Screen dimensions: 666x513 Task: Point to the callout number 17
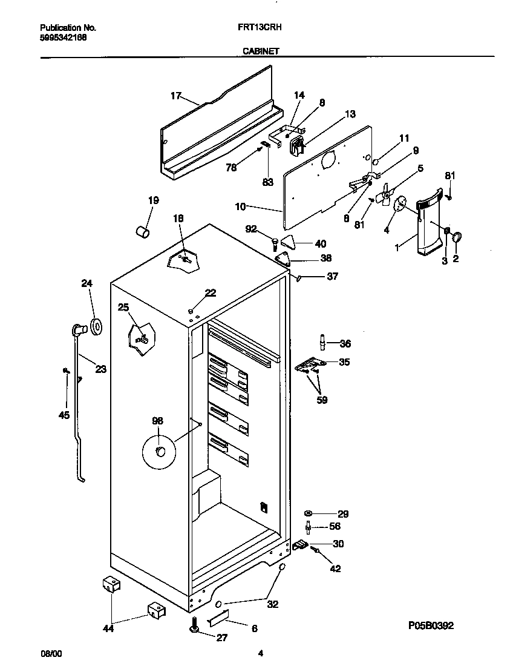pyautogui.click(x=175, y=95)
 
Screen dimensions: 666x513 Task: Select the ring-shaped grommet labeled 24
pyautogui.click(x=96, y=328)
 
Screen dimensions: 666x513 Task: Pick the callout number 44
pyautogui.click(x=108, y=628)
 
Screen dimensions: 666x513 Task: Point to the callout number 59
pyautogui.click(x=322, y=400)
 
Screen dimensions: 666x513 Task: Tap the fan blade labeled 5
pyautogui.click(x=382, y=196)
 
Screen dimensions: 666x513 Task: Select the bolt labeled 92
pyautogui.click(x=275, y=243)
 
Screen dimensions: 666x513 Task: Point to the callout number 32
pyautogui.click(x=273, y=604)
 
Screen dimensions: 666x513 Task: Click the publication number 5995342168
pyautogui.click(x=63, y=37)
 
